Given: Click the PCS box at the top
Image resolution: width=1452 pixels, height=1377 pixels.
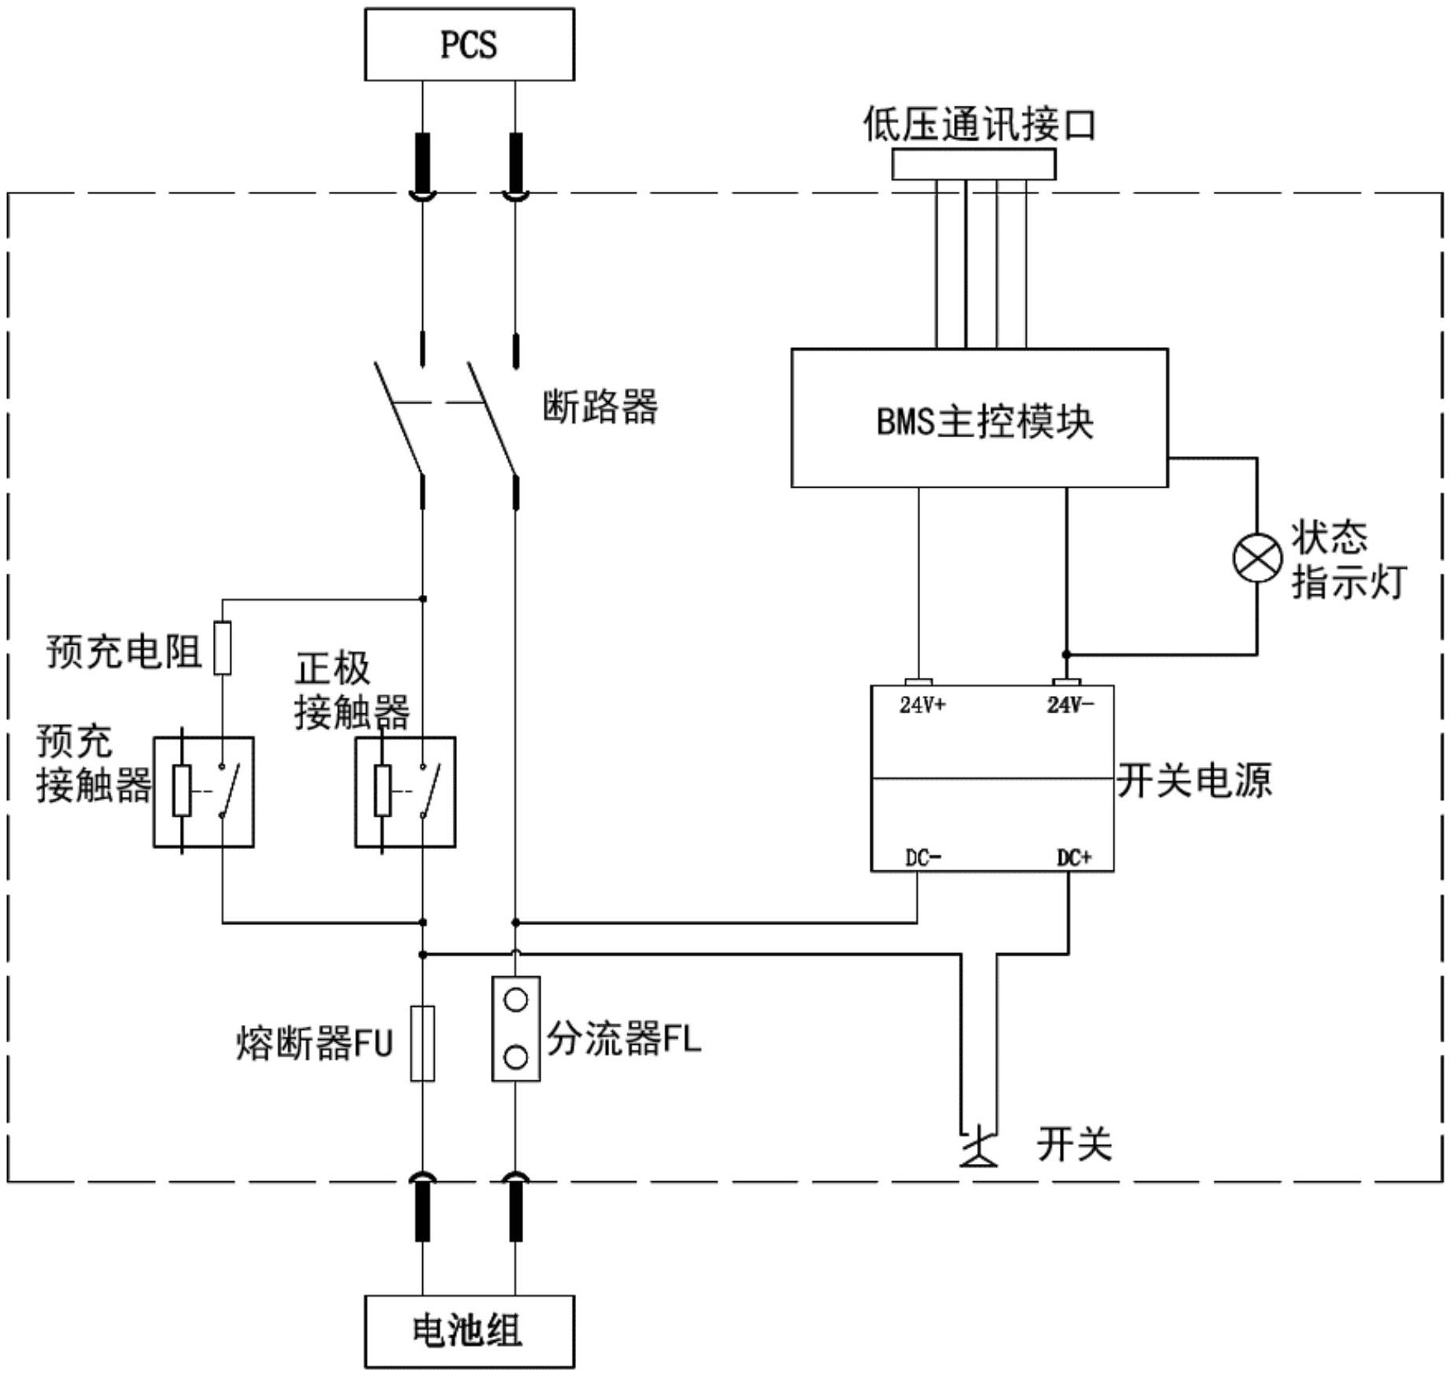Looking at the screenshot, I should click(469, 44).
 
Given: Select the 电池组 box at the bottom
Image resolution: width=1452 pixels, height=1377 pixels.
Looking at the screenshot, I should click(469, 1331).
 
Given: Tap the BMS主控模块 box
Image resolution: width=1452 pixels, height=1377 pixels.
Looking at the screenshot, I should click(979, 418).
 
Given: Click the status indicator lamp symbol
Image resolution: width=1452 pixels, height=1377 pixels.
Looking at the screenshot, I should click(1257, 557).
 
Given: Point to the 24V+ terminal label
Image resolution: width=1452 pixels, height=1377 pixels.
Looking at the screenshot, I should click(922, 705).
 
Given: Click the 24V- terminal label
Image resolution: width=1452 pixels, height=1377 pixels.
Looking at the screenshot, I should click(1070, 705).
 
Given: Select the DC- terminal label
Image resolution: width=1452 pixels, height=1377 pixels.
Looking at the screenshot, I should click(922, 858).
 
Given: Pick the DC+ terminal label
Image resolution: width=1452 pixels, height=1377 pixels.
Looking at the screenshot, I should click(1073, 858).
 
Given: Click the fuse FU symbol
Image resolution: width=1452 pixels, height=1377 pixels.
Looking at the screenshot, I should click(423, 1042).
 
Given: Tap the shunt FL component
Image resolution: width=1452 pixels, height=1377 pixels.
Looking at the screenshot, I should click(515, 1028).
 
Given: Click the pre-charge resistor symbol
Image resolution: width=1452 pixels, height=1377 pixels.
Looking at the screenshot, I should click(223, 648).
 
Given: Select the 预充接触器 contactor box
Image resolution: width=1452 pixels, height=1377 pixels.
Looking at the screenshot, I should click(204, 791).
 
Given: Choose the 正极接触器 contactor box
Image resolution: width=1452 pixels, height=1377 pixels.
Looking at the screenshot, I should click(405, 791).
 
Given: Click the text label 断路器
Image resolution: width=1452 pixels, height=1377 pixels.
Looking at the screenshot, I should click(600, 407).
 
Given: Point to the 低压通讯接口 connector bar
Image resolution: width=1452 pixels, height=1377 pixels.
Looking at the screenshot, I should click(973, 165).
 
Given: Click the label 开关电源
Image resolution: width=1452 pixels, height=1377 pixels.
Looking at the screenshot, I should click(1193, 780).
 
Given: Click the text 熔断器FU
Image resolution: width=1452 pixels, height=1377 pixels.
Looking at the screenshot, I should click(314, 1043).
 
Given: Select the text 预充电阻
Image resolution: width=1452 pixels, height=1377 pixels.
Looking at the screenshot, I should click(124, 652).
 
